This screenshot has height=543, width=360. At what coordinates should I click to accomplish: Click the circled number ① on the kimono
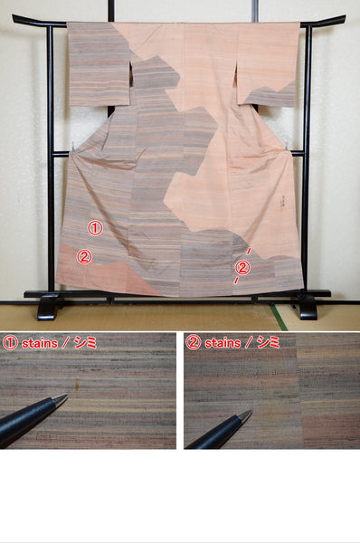click(95, 228)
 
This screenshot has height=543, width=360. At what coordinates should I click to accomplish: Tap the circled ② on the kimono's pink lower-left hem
click(84, 257)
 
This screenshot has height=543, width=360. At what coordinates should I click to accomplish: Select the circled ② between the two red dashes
click(242, 268)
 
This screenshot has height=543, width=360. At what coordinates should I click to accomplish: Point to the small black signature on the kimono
click(281, 202)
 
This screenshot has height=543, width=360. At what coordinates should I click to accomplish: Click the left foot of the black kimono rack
click(47, 308)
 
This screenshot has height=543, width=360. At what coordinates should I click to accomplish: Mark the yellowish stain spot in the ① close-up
click(77, 384)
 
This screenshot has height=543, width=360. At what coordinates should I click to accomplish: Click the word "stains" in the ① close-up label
click(40, 344)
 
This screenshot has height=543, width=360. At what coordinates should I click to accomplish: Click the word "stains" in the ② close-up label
click(223, 343)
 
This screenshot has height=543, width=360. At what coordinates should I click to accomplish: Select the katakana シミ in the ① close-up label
click(85, 343)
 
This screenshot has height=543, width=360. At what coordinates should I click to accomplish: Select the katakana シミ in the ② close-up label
click(269, 342)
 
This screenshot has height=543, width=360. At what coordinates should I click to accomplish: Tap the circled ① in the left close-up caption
click(10, 343)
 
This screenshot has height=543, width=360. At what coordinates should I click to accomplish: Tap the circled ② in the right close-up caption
click(193, 343)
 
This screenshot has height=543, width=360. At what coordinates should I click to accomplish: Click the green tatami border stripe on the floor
click(279, 318)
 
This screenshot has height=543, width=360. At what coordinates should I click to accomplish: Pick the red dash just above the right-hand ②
click(249, 251)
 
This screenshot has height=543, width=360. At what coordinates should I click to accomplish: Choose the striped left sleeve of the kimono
click(99, 64)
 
